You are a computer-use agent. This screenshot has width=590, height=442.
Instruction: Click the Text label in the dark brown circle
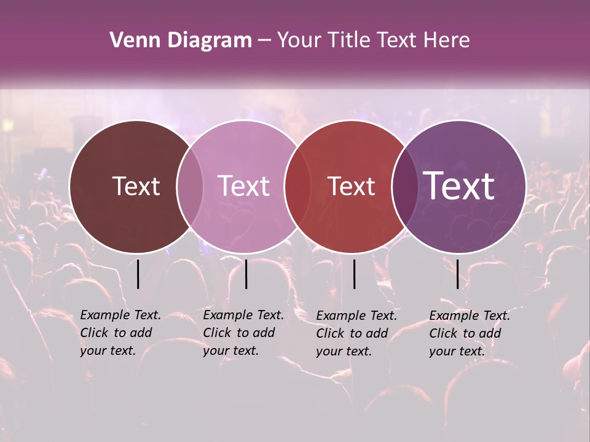pyautogui.click(x=136, y=186)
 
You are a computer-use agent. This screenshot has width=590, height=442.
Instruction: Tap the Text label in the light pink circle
pyautogui.click(x=244, y=186)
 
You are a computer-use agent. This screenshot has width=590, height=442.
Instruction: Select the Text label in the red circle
pyautogui.click(x=351, y=186)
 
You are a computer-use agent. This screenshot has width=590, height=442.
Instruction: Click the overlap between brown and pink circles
pyautogui.click(x=190, y=186)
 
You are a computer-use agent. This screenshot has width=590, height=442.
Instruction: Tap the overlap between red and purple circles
pyautogui.click(x=403, y=186)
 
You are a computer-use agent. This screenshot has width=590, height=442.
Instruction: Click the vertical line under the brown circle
pyautogui.click(x=138, y=274)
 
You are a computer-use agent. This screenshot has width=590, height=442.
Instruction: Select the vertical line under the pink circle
pyautogui.click(x=246, y=274)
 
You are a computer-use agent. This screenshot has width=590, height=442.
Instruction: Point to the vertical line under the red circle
pyautogui.click(x=355, y=274)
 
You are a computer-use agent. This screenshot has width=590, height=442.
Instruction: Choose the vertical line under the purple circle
pyautogui.click(x=457, y=274)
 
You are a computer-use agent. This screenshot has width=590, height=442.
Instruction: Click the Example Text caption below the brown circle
pyautogui.click(x=120, y=333)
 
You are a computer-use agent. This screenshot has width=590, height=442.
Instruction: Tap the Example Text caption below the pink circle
pyautogui.click(x=243, y=333)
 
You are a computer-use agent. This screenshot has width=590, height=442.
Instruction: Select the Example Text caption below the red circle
pyautogui.click(x=356, y=333)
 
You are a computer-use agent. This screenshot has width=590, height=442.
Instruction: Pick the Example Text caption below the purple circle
pyautogui.click(x=469, y=333)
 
